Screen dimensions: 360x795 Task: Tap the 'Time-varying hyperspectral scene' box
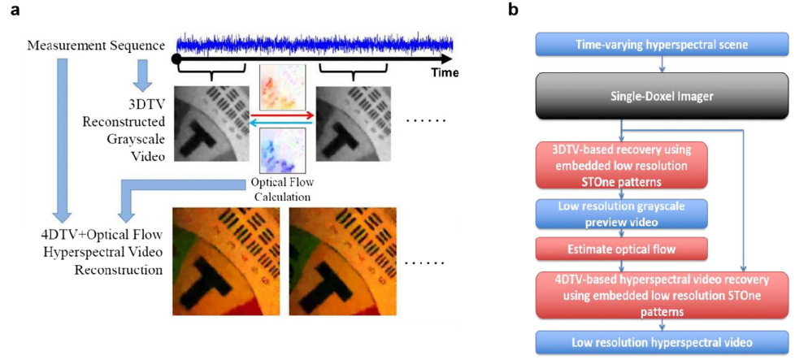[x=623, y=46]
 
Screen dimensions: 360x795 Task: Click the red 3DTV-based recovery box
[x=621, y=166]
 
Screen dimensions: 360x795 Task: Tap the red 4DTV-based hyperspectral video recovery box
[x=621, y=295]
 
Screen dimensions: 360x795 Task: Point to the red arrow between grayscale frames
[x=281, y=115]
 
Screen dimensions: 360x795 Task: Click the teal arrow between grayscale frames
[x=281, y=124]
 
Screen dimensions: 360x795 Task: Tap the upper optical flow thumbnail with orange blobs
[x=280, y=89]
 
